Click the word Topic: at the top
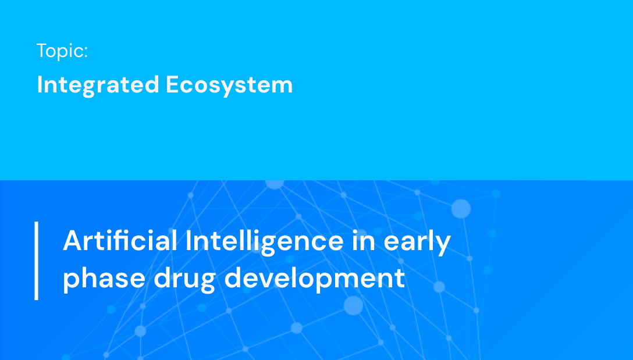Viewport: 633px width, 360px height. click(x=62, y=51)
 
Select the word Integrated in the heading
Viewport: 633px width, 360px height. click(x=98, y=85)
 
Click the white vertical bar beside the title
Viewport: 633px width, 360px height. click(x=36, y=260)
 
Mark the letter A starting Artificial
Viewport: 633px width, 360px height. click(x=72, y=240)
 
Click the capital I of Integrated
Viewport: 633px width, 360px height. click(x=40, y=85)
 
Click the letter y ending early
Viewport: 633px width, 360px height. click(x=444, y=244)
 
